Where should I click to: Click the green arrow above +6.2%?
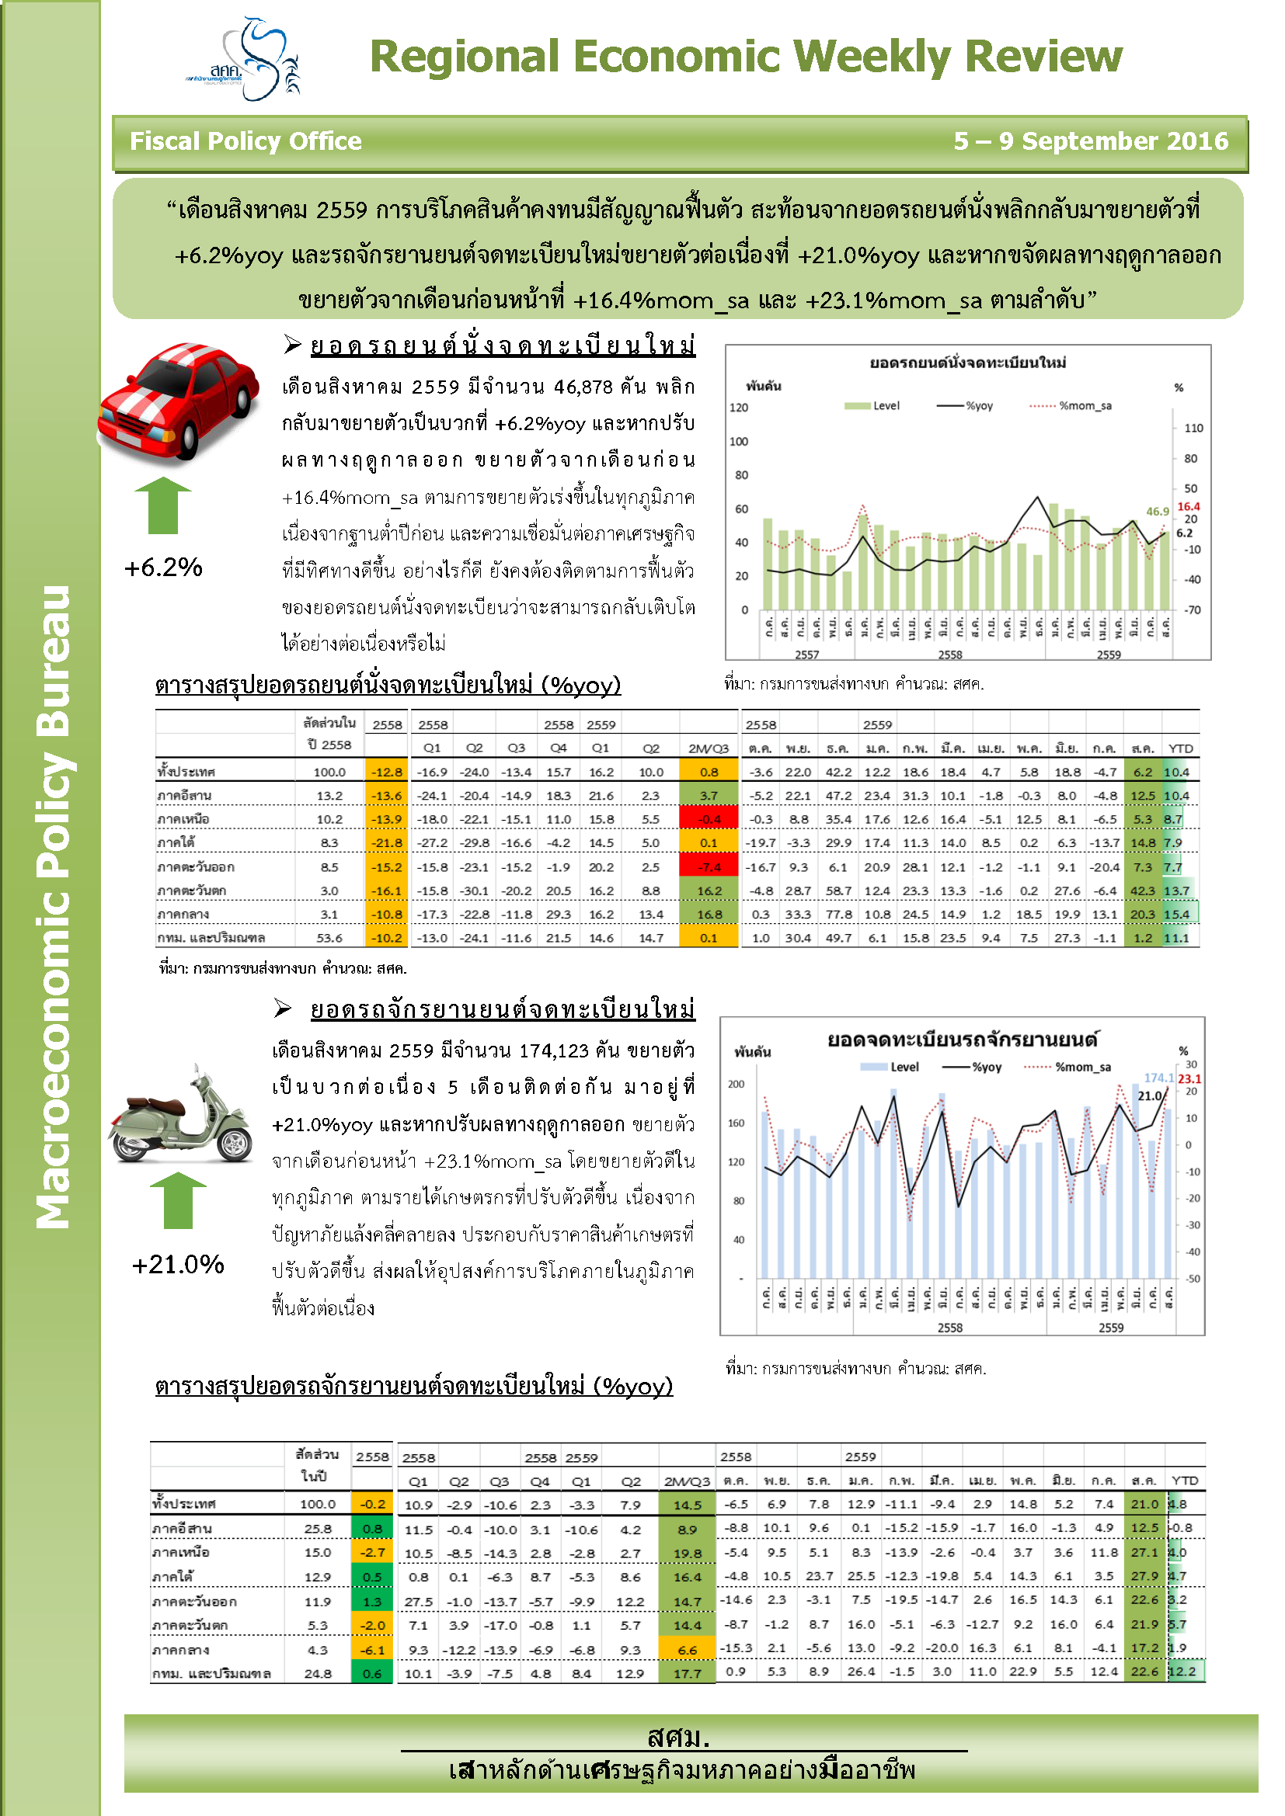(163, 505)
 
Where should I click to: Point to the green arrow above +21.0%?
(178, 1200)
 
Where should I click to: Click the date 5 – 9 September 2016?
(1090, 141)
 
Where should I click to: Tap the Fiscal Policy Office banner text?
(246, 141)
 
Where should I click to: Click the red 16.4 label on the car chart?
(1188, 506)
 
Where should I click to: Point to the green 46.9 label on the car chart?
(1157, 512)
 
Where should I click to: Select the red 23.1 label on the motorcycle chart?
(1189, 1079)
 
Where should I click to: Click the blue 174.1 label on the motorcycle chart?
(1158, 1078)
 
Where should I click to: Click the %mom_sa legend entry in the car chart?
(1085, 406)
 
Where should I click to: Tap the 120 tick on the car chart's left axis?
(738, 408)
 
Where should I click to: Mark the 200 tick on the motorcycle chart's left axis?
(736, 1085)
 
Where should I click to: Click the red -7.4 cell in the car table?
(709, 867)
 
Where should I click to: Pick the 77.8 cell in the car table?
(838, 915)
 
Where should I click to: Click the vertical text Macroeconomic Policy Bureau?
(53, 906)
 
